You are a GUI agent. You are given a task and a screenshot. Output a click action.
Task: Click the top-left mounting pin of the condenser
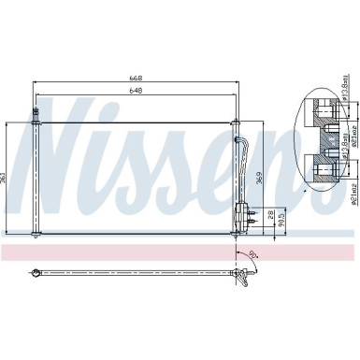click(x=36, y=115)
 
